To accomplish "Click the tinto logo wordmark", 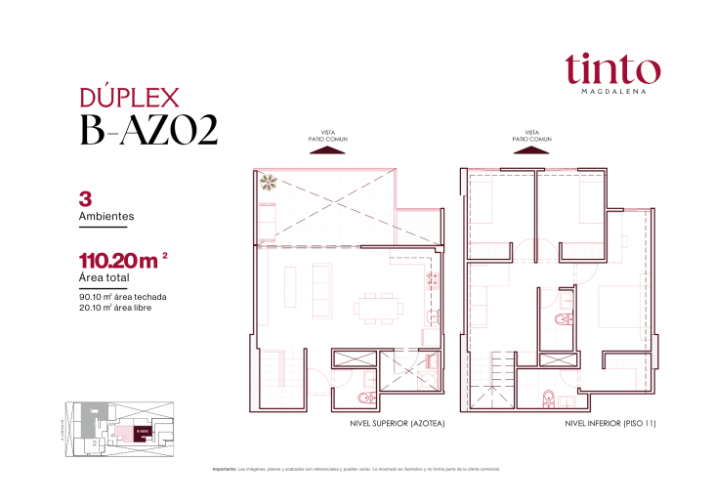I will pyautogui.click(x=611, y=68).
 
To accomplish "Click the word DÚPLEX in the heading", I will pyautogui.click(x=127, y=97).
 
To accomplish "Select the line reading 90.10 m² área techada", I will pyautogui.click(x=121, y=296).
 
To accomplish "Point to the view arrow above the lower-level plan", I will pyautogui.click(x=532, y=150).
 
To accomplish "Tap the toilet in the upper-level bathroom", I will pyautogui.click(x=365, y=398).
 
